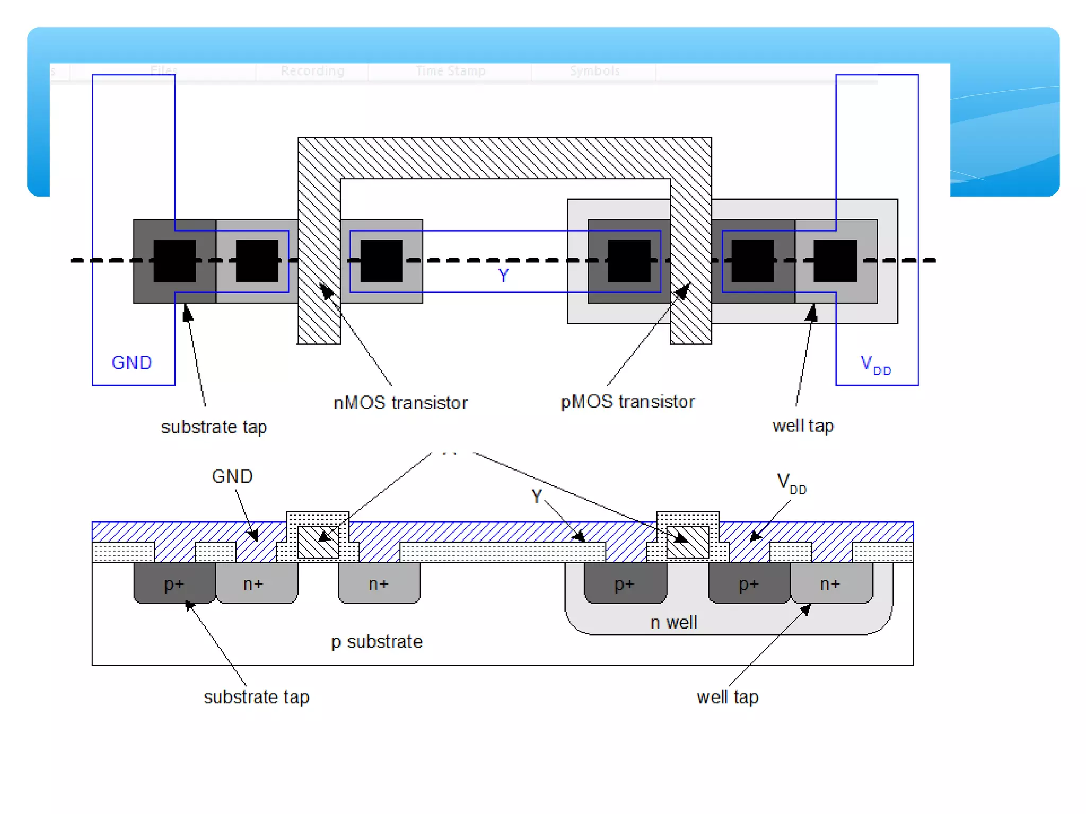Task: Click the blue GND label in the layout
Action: (x=132, y=362)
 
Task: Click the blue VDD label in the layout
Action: (x=875, y=365)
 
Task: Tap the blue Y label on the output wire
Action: (x=503, y=275)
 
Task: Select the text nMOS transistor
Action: (x=400, y=403)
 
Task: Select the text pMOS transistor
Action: (x=627, y=402)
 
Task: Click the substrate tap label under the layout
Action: (x=214, y=427)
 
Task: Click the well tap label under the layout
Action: (x=803, y=426)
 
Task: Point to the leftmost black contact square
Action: (x=174, y=261)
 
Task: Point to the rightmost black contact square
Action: (x=835, y=261)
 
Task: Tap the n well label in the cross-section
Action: (x=673, y=622)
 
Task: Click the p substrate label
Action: (x=377, y=642)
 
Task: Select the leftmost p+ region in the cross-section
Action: (x=174, y=583)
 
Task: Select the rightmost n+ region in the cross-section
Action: (x=830, y=583)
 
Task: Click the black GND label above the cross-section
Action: (x=232, y=476)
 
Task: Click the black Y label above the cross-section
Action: (x=536, y=497)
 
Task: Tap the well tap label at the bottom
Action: (x=727, y=697)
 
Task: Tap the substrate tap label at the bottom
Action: (x=256, y=697)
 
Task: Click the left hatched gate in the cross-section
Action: (x=318, y=542)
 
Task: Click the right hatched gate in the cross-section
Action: (x=688, y=542)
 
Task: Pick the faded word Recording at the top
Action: (x=312, y=71)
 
